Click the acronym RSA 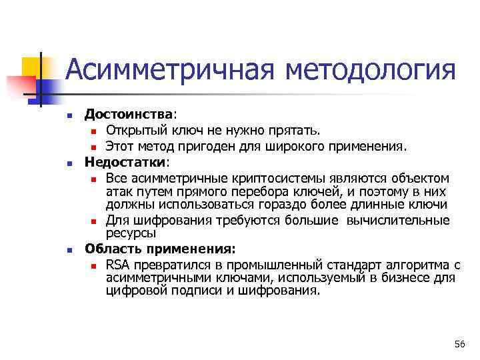click(x=117, y=265)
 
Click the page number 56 click(x=459, y=343)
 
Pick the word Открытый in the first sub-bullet click(x=131, y=129)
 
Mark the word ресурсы click(x=131, y=233)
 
